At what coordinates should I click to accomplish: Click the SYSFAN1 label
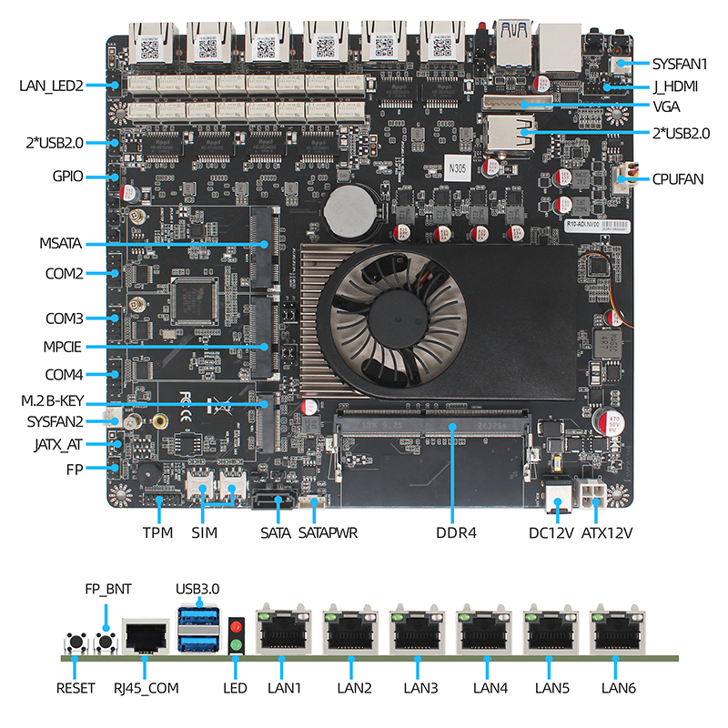[x=679, y=64]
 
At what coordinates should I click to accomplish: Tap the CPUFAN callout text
[x=677, y=179]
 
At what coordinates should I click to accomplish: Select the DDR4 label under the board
[x=456, y=532]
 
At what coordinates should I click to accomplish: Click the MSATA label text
[x=60, y=243]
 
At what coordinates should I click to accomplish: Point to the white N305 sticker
[x=457, y=167]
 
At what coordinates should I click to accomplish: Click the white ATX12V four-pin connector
[x=591, y=495]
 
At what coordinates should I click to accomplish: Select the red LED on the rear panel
[x=237, y=627]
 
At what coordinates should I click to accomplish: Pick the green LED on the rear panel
[x=237, y=644]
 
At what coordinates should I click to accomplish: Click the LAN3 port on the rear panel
[x=417, y=631]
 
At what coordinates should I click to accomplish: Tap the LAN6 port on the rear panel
[x=618, y=631]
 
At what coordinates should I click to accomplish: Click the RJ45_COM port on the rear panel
[x=146, y=636]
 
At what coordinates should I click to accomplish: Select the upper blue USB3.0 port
[x=197, y=617]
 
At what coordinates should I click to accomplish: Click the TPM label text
[x=157, y=532]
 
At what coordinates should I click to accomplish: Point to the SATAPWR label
[x=328, y=532]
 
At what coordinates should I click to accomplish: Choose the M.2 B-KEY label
[x=53, y=400]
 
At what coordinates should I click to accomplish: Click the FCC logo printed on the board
[x=185, y=399]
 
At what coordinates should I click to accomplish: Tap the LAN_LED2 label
[x=51, y=86]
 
